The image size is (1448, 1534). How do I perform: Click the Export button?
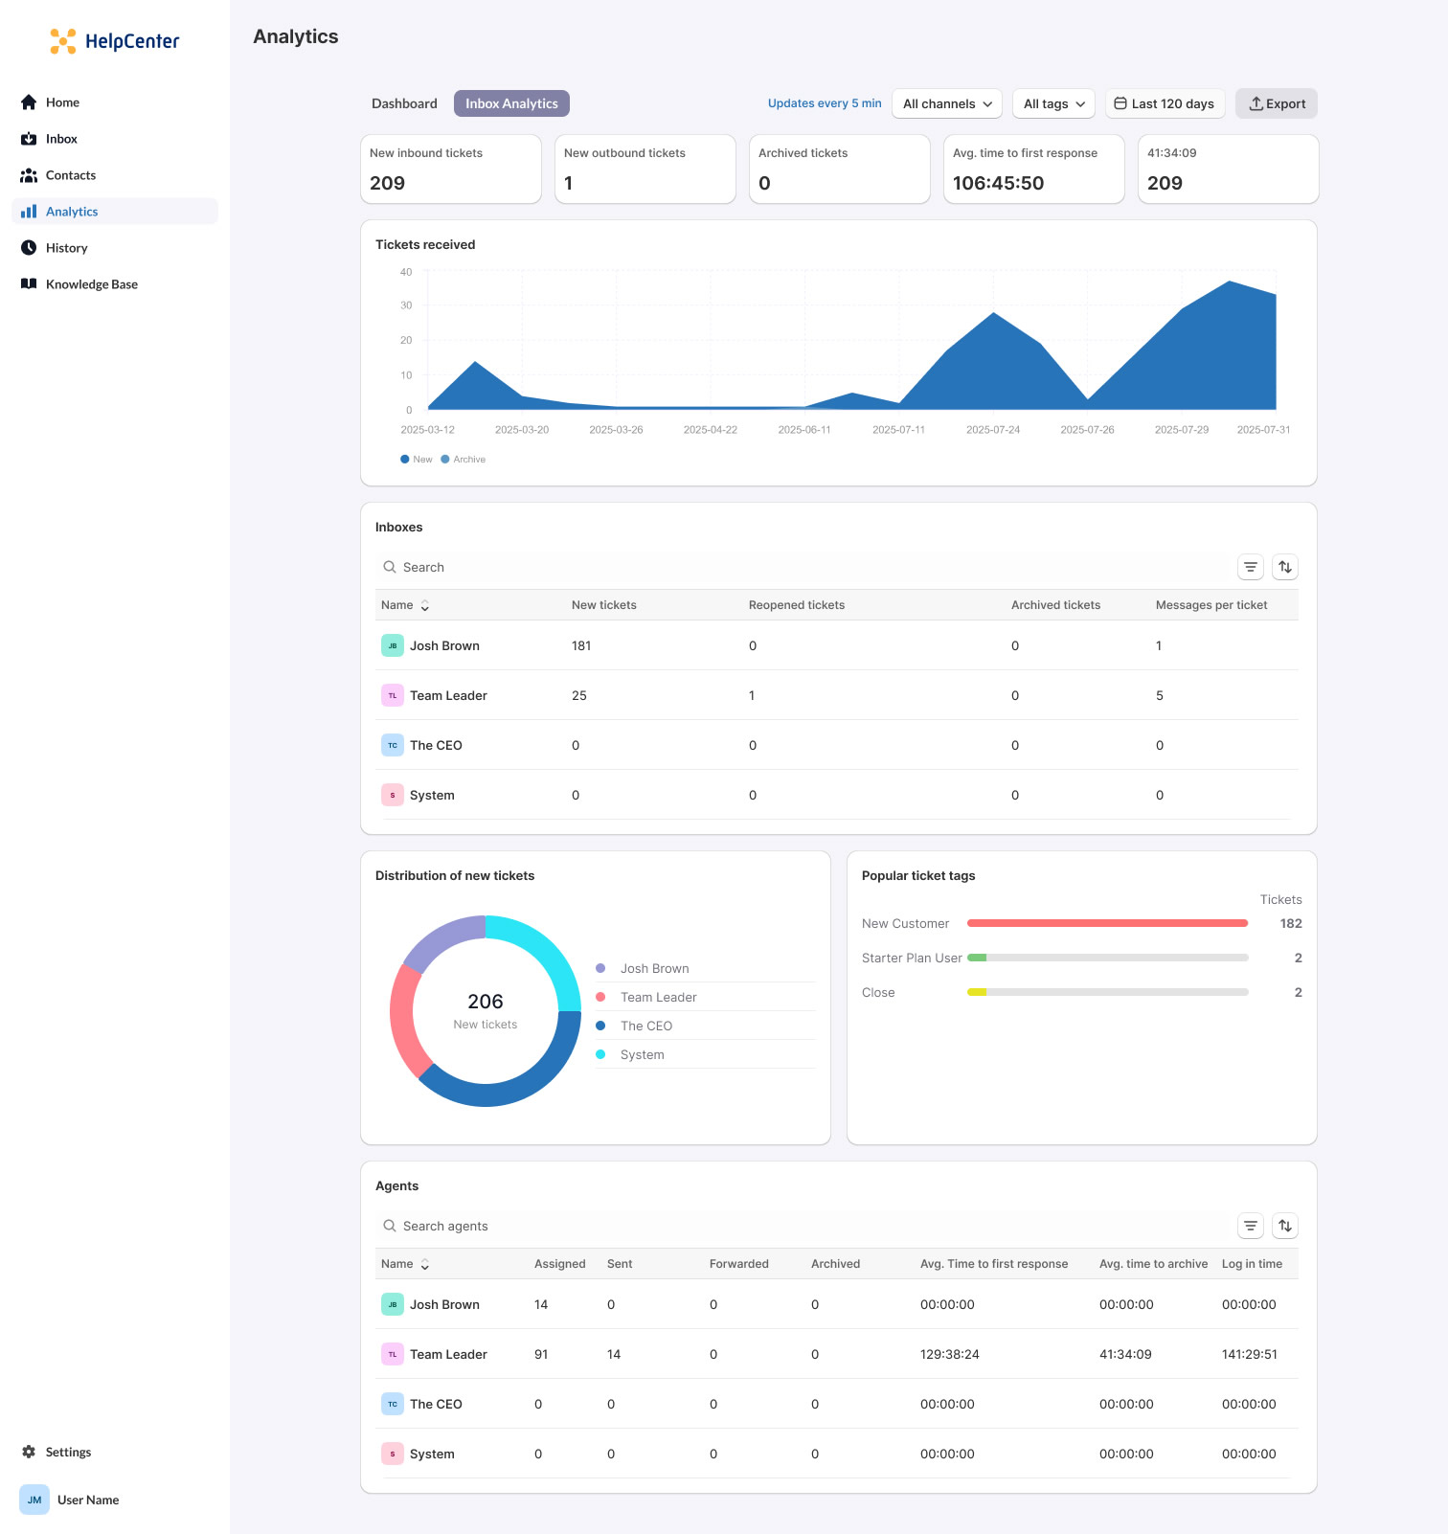point(1277,103)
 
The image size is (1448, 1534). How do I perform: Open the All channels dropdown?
point(946,103)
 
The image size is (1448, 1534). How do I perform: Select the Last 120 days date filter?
point(1165,103)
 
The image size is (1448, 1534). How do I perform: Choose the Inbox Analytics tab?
point(511,103)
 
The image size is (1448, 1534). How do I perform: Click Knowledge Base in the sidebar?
point(91,284)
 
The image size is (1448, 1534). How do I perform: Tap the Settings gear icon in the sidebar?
point(29,1452)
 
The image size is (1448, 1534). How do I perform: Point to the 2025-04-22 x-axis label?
point(710,430)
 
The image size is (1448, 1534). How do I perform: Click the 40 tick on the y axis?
point(406,272)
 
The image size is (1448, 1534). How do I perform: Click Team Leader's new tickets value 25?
point(579,695)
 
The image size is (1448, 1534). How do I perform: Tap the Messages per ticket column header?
point(1210,605)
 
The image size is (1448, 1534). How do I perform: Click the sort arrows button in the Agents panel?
point(1285,1226)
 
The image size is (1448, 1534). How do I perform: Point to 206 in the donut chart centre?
point(485,1002)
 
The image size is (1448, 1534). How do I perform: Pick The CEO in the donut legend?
point(645,1026)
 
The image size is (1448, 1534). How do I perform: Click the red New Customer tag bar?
point(1107,923)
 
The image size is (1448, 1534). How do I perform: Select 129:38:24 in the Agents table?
point(949,1354)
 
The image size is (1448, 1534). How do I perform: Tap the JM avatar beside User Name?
point(34,1500)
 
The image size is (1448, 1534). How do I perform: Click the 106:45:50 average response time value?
point(998,183)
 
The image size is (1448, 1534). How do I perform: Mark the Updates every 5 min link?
point(824,103)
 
